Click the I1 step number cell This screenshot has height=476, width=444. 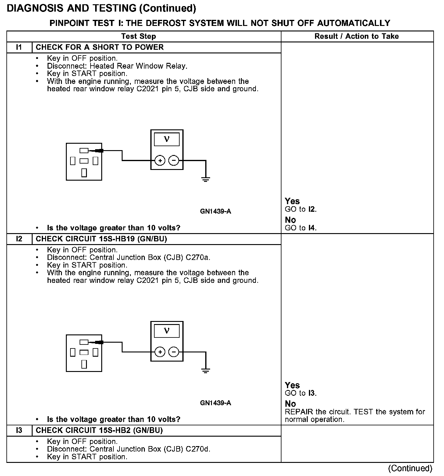point(19,47)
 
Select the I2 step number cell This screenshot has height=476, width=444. point(19,239)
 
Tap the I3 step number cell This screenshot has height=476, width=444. point(19,430)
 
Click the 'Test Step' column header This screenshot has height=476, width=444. point(138,36)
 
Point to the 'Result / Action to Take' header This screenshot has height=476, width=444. point(356,36)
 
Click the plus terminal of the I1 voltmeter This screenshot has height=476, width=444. point(160,160)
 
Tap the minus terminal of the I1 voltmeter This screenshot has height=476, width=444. point(174,160)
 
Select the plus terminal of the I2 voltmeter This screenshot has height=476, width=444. point(160,352)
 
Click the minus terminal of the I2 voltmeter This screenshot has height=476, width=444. point(174,352)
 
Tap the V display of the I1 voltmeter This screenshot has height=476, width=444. point(167,139)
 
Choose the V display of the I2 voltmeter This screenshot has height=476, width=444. point(167,331)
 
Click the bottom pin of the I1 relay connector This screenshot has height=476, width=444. point(84,173)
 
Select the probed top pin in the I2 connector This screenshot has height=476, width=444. point(84,342)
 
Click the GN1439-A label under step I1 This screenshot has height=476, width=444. point(216,211)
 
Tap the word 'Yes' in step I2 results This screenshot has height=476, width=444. point(292,385)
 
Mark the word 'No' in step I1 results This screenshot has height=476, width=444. point(290,220)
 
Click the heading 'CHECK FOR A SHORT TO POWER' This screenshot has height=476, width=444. point(100,47)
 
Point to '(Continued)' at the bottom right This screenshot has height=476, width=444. point(410,468)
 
